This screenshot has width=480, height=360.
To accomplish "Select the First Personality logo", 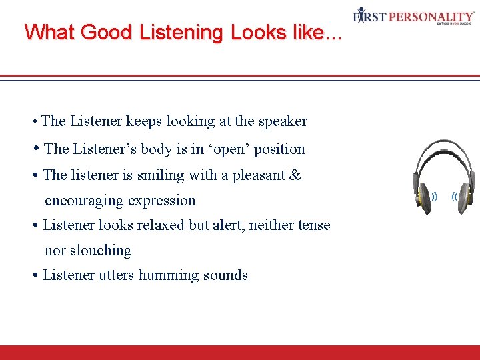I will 414,16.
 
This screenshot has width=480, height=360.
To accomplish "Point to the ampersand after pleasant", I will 295,175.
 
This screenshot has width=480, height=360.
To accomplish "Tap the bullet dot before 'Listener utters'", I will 35,275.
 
